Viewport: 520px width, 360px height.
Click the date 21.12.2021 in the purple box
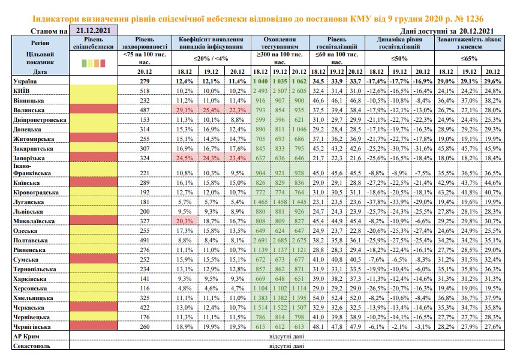coord(93,31)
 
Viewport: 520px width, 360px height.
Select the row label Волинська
coord(29,110)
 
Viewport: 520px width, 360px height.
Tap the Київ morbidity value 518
coord(145,91)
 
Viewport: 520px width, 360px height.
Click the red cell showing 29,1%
coord(185,110)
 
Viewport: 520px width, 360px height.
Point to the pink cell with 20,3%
coord(185,221)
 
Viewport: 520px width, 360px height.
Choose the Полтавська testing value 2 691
coord(260,240)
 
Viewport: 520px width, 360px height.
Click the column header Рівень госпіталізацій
coord(337,43)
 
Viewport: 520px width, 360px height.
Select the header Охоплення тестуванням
coord(280,43)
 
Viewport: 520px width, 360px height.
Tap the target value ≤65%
coord(469,58)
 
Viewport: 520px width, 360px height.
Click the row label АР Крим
coord(26,337)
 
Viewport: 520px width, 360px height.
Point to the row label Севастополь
coord(32,346)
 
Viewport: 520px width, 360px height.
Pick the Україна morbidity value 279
coord(145,81)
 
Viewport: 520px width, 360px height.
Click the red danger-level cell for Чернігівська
coord(94,326)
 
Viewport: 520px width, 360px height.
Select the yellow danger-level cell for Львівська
coord(94,211)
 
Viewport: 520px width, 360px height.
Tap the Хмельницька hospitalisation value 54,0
coord(318,298)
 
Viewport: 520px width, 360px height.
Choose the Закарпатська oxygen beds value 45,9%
coord(492,149)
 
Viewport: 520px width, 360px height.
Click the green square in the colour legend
coord(84,63)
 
